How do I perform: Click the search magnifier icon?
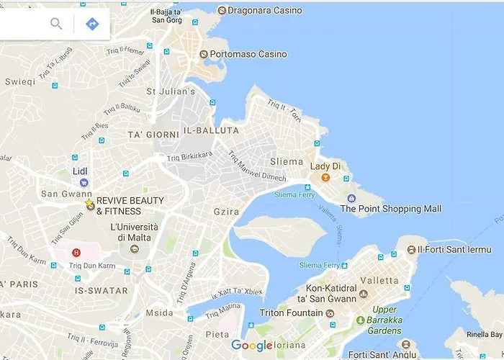(x=56, y=24)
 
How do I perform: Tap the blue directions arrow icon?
(x=92, y=24)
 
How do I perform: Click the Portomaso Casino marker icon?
(x=204, y=54)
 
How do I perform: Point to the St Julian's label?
(x=171, y=91)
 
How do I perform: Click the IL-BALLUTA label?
(x=211, y=130)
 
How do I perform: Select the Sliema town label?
(x=286, y=161)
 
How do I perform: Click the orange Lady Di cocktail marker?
(x=325, y=178)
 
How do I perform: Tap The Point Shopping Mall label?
(x=390, y=209)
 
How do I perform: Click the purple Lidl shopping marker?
(x=84, y=183)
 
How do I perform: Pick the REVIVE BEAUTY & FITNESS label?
(x=130, y=205)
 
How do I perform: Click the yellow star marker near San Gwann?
(x=89, y=205)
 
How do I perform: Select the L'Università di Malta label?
(x=134, y=232)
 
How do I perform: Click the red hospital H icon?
(x=76, y=253)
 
